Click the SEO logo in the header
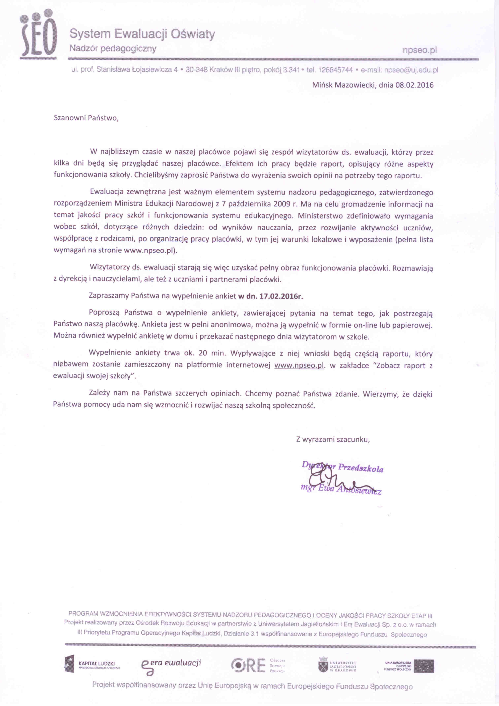tap(38, 34)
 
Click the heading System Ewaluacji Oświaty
tap(142, 34)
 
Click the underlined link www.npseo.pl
tap(299, 366)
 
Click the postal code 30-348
tap(196, 70)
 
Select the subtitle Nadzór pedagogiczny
tap(113, 49)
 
